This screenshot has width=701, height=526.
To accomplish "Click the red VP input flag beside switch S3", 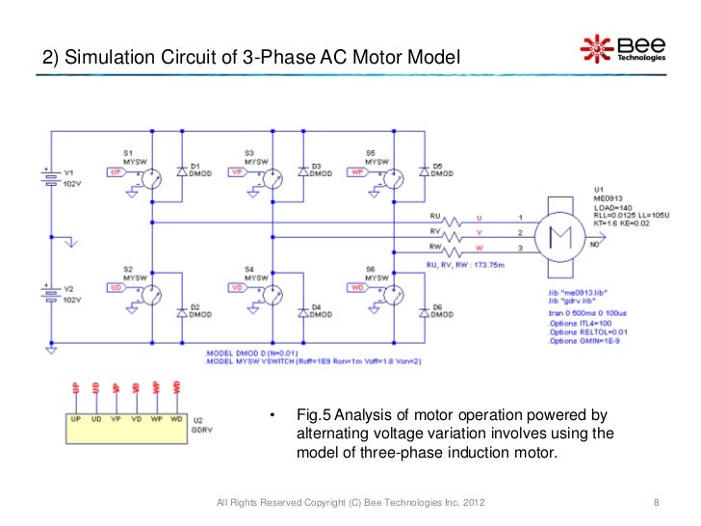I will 235,172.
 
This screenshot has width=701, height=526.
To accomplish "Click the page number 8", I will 656,502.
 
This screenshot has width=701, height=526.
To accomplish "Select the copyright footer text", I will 351,502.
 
